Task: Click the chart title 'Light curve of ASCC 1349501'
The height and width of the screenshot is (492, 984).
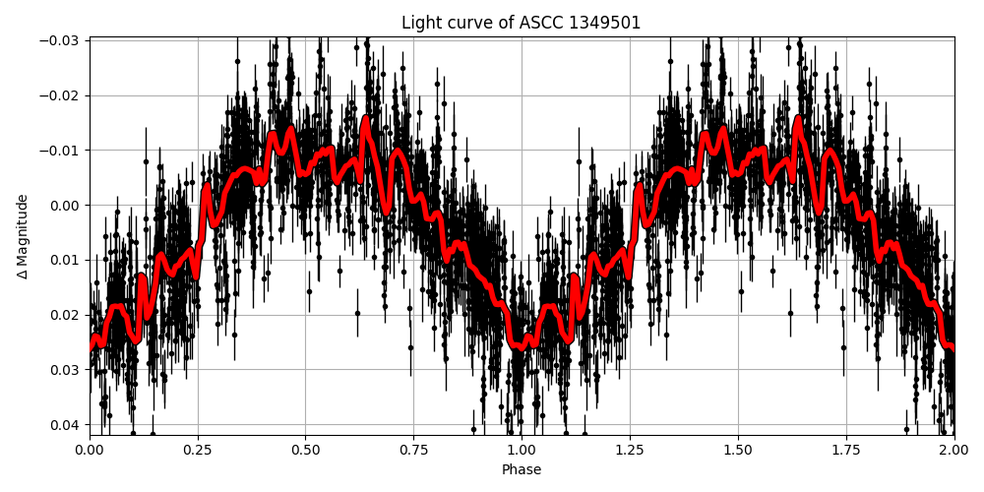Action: click(521, 23)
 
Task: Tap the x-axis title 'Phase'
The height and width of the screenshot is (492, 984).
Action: click(522, 470)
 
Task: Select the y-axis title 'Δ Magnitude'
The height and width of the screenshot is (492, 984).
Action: click(23, 236)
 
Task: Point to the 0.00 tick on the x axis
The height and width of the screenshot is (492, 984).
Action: click(90, 450)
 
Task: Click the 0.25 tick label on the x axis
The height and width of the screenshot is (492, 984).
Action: click(198, 450)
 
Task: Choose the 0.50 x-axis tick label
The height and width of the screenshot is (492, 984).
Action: click(305, 450)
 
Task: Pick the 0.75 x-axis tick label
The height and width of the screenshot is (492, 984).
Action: click(413, 450)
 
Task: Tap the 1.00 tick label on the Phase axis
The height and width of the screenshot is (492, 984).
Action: click(522, 450)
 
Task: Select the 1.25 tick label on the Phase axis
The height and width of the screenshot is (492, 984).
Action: click(630, 450)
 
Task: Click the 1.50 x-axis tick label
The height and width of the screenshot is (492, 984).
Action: click(738, 450)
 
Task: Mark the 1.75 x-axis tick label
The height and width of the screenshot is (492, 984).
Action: click(845, 450)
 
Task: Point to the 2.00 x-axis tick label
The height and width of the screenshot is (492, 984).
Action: click(953, 450)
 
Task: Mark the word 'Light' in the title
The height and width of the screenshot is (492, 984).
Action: click(420, 23)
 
